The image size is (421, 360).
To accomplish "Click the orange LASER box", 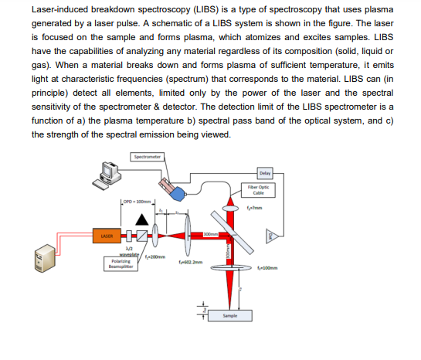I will click(106, 235).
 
